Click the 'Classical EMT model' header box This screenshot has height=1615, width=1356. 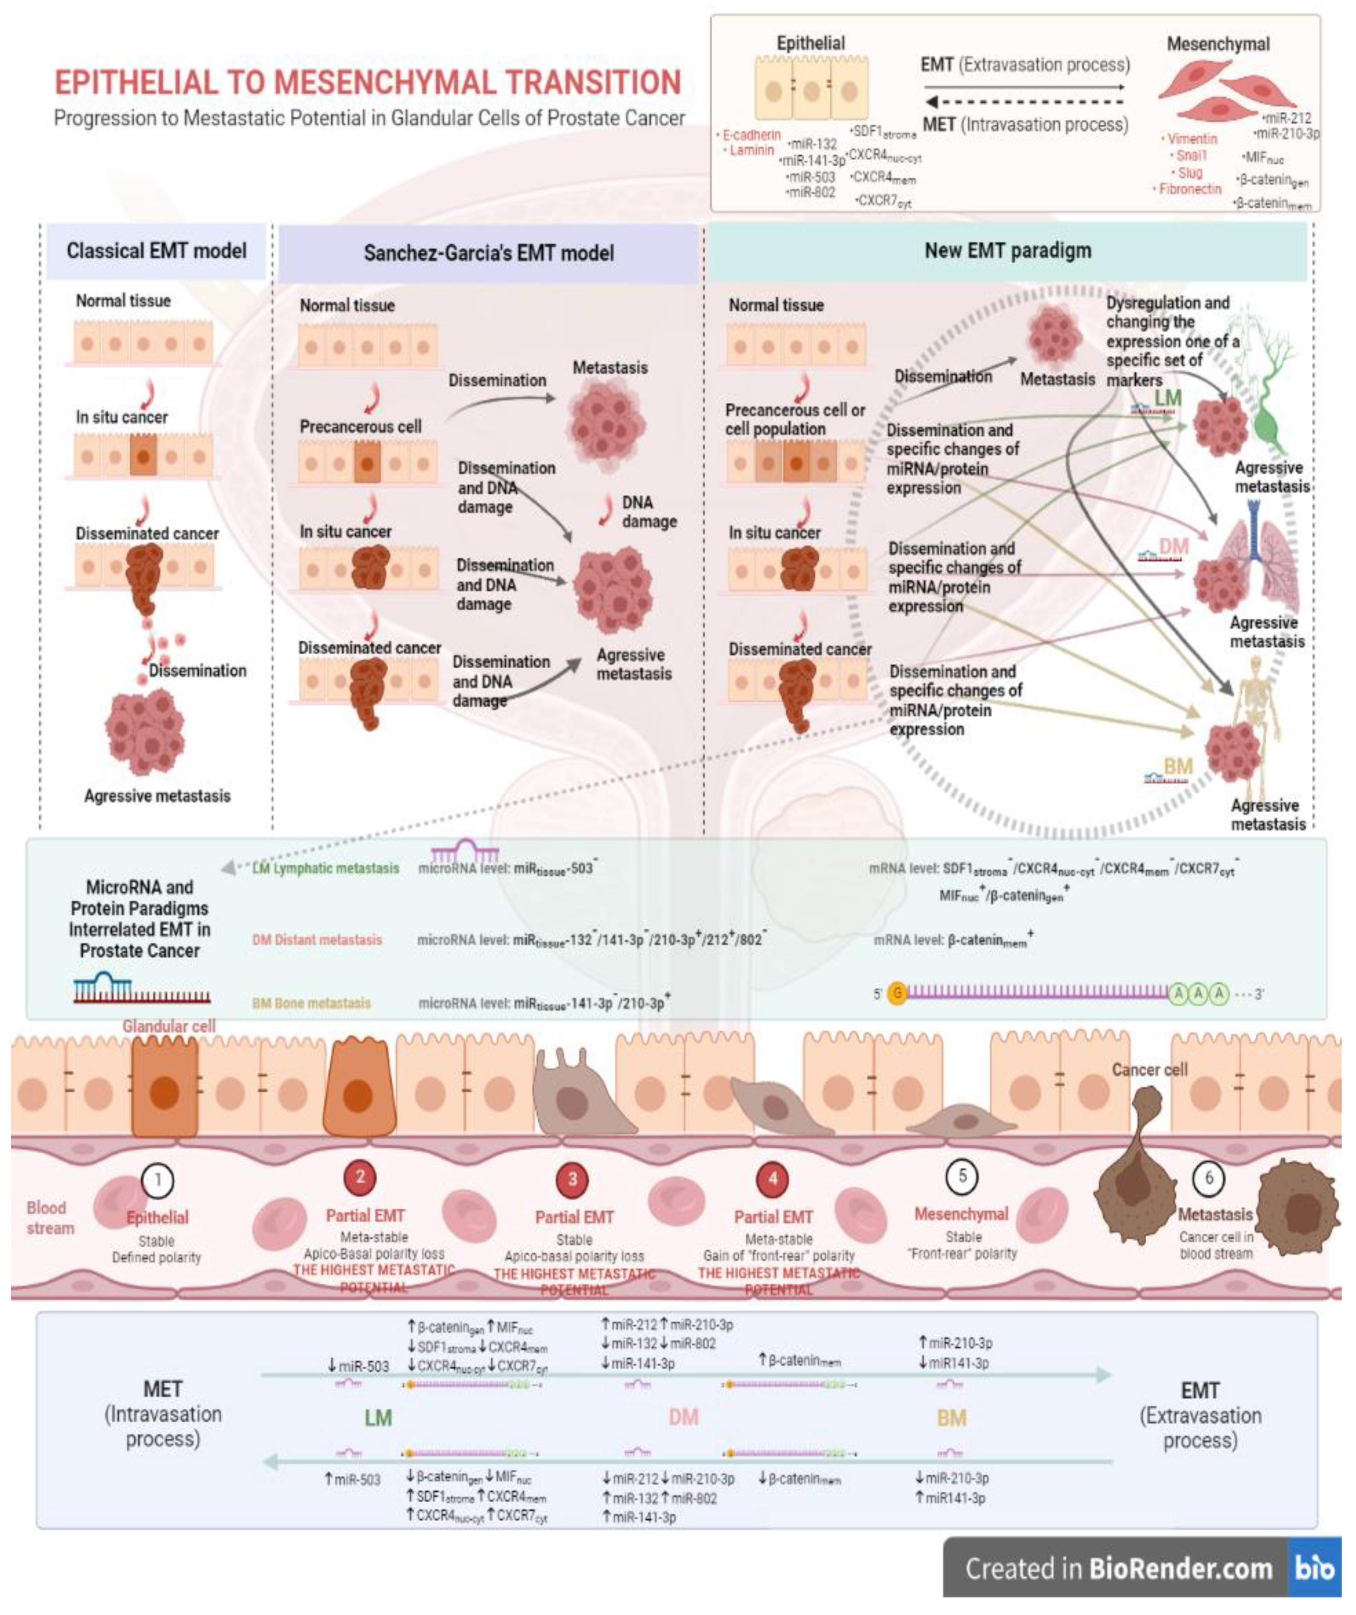click(x=156, y=251)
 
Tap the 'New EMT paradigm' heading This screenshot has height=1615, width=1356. click(x=1007, y=251)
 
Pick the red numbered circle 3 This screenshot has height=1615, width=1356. click(x=572, y=1180)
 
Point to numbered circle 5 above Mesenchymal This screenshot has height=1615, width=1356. click(x=962, y=1177)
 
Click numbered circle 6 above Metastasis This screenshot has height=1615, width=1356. click(x=1208, y=1178)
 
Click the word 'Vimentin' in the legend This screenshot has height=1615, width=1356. click(x=1191, y=139)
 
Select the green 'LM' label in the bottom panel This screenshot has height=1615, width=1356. click(x=378, y=1418)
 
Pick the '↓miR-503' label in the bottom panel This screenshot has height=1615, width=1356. click(x=358, y=1366)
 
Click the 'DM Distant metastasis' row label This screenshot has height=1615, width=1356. click(x=317, y=940)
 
